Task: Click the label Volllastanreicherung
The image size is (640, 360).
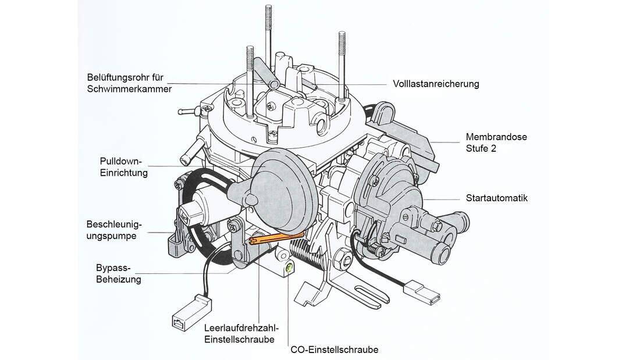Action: (436, 84)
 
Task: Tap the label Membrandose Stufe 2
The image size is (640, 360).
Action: (496, 143)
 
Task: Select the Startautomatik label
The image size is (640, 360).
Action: (496, 198)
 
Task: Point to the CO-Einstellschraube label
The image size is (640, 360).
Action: (334, 350)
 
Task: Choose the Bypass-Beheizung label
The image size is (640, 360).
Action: (118, 273)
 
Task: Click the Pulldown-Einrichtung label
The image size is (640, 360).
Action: (123, 167)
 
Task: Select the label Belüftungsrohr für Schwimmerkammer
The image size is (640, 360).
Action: (129, 83)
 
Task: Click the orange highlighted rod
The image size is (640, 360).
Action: (277, 237)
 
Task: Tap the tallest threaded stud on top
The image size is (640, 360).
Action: (268, 29)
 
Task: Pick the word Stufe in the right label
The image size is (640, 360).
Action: (477, 148)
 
